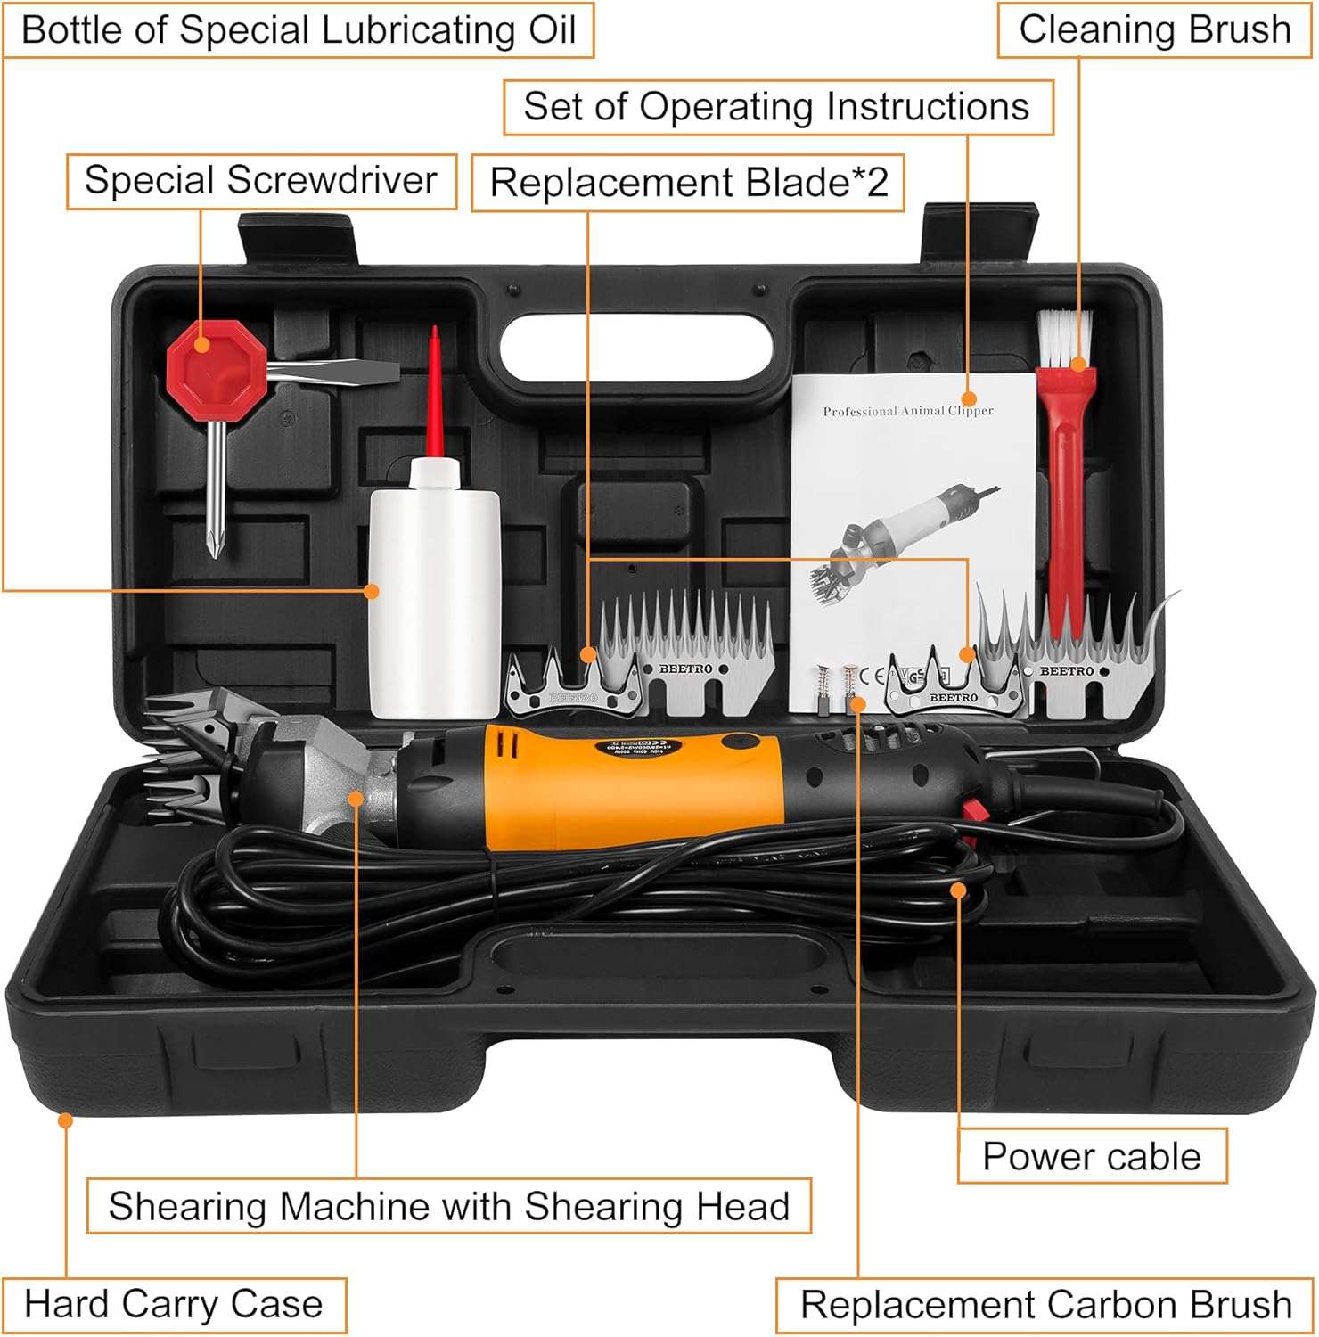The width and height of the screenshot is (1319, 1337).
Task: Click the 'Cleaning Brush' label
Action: [x=1154, y=30]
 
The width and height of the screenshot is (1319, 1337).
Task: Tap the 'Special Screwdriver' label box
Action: [x=261, y=181]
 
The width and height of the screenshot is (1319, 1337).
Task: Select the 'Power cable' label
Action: [x=1092, y=1156]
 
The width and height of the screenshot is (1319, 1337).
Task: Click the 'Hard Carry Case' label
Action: [x=174, y=1304]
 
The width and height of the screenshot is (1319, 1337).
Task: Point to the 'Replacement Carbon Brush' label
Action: [x=1045, y=1305]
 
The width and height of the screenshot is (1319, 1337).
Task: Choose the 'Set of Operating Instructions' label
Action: [x=777, y=107]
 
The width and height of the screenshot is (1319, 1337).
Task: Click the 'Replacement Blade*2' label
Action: [x=688, y=183]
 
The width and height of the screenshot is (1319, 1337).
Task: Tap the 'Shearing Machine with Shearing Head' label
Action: [x=449, y=1206]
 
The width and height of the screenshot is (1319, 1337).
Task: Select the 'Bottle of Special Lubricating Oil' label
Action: [x=299, y=30]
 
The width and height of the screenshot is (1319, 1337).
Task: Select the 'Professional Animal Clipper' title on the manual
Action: [x=907, y=411]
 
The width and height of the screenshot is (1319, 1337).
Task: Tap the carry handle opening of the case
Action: [x=635, y=349]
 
